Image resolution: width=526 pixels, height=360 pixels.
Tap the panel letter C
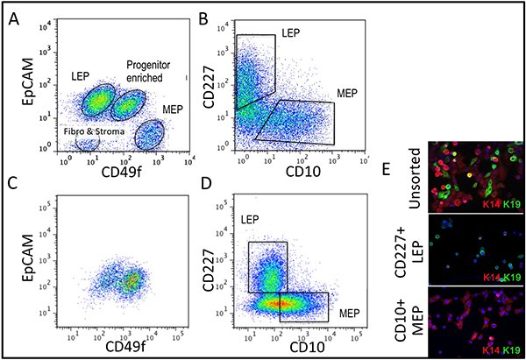coord(14,186)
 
